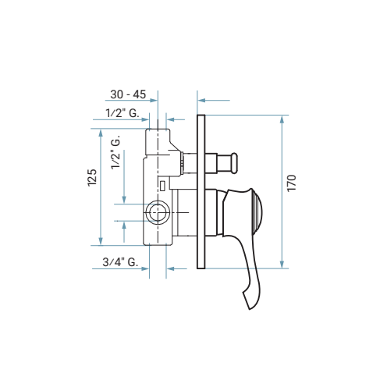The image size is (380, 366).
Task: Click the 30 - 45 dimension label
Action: [x=128, y=94]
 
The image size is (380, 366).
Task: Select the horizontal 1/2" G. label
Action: [x=123, y=113]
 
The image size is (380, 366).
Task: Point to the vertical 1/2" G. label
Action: [x=115, y=152]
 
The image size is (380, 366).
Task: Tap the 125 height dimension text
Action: [x=92, y=177]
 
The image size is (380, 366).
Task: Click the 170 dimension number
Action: [x=292, y=183]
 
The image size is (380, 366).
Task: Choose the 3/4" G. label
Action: [x=120, y=262]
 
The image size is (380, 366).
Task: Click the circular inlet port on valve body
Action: [x=158, y=212]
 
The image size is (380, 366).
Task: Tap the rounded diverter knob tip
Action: [x=234, y=163]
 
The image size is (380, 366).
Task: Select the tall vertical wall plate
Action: [x=201, y=191]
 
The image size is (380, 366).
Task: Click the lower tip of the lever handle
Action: [x=250, y=308]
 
